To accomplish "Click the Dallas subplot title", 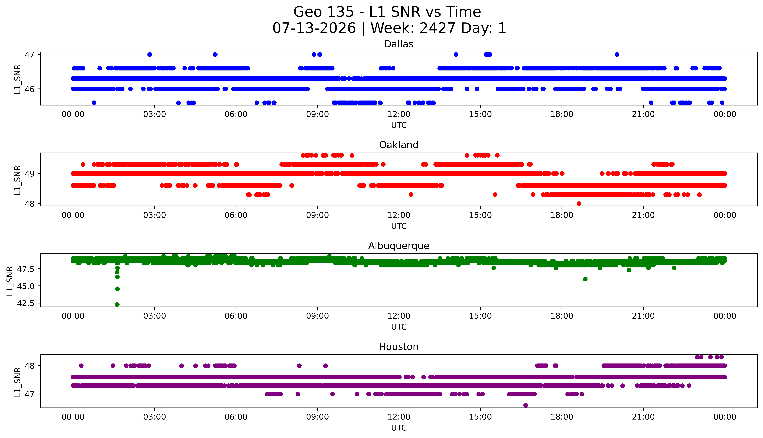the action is (399, 44).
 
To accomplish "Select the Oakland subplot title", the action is (399, 145).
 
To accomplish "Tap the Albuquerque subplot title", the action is (399, 246).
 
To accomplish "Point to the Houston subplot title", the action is (399, 347).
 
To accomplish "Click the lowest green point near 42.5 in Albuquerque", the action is (117, 304).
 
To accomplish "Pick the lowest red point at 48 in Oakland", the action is (579, 204).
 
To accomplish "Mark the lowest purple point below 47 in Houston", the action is (525, 406).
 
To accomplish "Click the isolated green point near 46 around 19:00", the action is (585, 279).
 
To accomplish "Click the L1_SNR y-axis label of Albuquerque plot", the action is (10, 281).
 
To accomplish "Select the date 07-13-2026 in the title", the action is (314, 28).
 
